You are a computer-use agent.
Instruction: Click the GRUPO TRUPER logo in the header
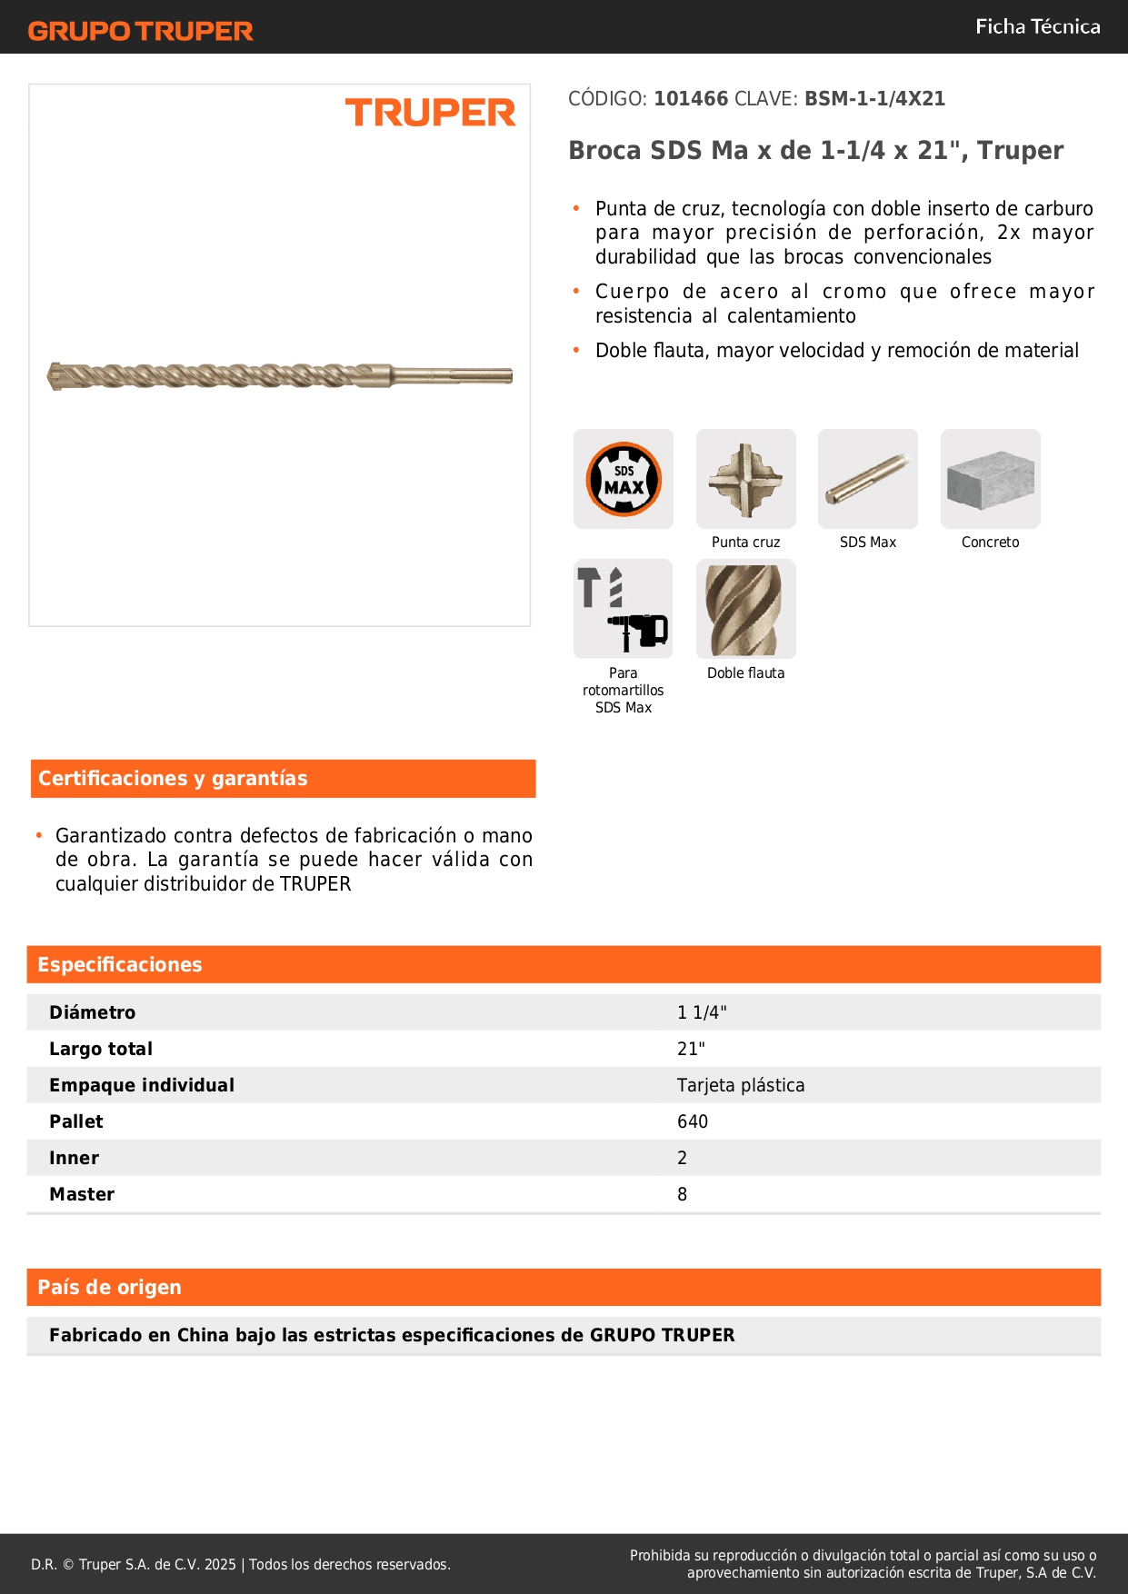click(x=140, y=31)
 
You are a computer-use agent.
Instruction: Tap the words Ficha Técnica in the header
click(x=1037, y=26)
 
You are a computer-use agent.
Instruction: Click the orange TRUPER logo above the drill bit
click(x=430, y=113)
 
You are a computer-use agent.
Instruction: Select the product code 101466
click(x=691, y=99)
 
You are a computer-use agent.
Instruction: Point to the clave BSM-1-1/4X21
click(x=874, y=99)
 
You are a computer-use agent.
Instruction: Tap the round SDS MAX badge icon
click(x=624, y=479)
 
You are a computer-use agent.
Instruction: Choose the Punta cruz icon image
click(x=745, y=479)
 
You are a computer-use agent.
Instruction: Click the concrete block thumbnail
click(x=990, y=479)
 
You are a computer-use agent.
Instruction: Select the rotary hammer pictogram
click(x=624, y=609)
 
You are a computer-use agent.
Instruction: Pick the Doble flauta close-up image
click(x=745, y=609)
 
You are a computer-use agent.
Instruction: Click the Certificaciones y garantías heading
click(x=173, y=779)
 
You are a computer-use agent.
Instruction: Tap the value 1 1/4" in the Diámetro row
click(x=702, y=1012)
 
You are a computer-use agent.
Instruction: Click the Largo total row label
click(x=101, y=1049)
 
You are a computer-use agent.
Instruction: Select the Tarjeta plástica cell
click(x=741, y=1085)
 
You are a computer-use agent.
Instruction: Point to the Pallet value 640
click(x=693, y=1121)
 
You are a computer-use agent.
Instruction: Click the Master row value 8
click(x=683, y=1194)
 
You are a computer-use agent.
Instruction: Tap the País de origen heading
click(x=109, y=1288)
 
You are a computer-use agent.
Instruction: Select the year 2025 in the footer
click(x=220, y=1564)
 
